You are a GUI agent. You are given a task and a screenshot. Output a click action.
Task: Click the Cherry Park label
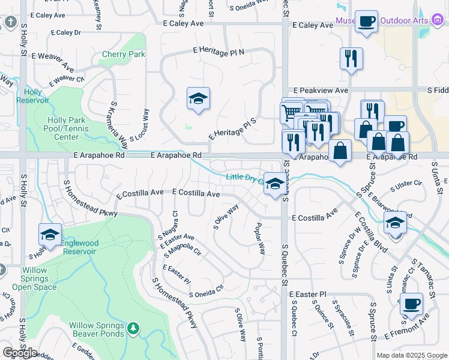click(x=124, y=54)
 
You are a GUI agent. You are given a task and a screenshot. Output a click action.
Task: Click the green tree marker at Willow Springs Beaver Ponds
click(x=133, y=328)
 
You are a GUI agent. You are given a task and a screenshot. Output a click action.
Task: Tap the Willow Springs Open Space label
click(x=34, y=278)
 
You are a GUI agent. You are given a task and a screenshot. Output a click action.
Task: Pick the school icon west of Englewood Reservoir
click(x=50, y=235)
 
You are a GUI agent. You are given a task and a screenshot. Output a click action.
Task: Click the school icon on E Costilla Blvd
click(x=396, y=224)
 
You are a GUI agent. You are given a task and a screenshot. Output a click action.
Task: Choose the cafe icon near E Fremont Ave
click(x=412, y=304)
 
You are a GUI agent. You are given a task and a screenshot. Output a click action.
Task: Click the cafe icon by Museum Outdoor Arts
click(x=366, y=22)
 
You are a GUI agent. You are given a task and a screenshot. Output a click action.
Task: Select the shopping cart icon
click(x=291, y=112)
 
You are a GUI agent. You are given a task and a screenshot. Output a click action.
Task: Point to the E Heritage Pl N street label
click(x=218, y=52)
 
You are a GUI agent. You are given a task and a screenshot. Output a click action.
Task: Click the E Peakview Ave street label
click(x=318, y=90)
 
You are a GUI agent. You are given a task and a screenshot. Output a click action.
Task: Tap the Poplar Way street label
click(x=259, y=237)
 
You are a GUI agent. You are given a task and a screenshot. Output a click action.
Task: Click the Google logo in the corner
click(x=20, y=353)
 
